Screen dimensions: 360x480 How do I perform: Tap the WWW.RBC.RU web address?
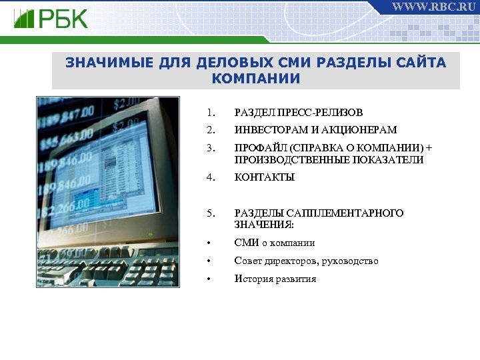433,7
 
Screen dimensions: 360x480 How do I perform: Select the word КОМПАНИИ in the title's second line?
256,79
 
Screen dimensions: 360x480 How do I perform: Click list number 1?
210,113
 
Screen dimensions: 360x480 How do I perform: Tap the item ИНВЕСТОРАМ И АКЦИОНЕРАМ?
315,130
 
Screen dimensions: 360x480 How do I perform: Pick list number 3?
210,147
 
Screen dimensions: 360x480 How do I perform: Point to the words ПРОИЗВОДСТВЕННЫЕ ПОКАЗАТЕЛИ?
329,160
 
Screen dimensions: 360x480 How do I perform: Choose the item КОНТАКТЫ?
264,177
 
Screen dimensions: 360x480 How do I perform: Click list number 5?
210,213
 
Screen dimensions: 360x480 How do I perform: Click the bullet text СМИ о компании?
274,243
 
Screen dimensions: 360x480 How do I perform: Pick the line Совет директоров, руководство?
306,261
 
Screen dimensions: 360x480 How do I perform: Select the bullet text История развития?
275,279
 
